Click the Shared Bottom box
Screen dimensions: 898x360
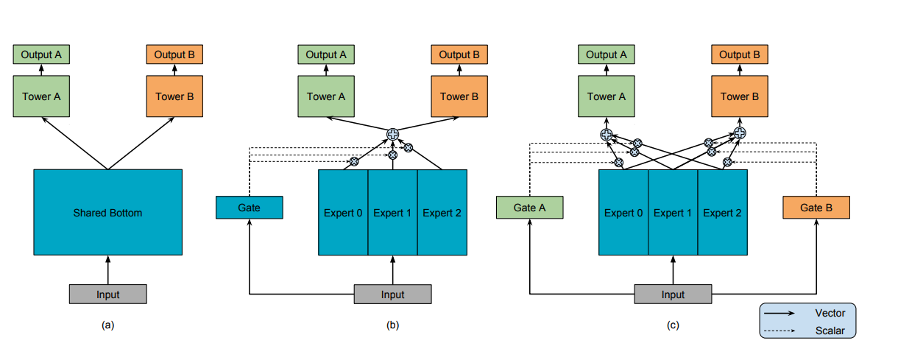click(x=108, y=212)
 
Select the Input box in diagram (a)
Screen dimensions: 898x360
click(x=108, y=294)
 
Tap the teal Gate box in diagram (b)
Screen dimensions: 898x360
click(x=250, y=208)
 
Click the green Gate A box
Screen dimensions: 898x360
click(x=529, y=208)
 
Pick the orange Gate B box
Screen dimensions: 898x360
click(x=816, y=208)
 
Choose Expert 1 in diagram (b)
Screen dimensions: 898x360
click(x=392, y=213)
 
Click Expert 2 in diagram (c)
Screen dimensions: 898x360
click(x=722, y=213)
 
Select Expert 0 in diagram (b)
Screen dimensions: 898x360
click(x=343, y=213)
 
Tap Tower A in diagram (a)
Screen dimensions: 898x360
click(x=41, y=96)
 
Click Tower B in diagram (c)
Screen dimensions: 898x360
click(x=740, y=96)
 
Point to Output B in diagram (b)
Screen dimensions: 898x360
click(x=459, y=54)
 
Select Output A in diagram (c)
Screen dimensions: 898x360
click(x=607, y=54)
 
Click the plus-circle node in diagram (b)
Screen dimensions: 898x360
click(x=392, y=134)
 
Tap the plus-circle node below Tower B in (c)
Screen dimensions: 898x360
click(x=740, y=133)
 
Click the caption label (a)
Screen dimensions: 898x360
click(x=108, y=325)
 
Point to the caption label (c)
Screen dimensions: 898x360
click(x=673, y=325)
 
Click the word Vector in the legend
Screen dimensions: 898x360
click(x=830, y=313)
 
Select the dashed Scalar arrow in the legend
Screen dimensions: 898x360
click(x=779, y=331)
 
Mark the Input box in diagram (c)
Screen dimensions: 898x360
click(x=673, y=294)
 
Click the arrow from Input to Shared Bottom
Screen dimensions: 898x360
click(x=108, y=269)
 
